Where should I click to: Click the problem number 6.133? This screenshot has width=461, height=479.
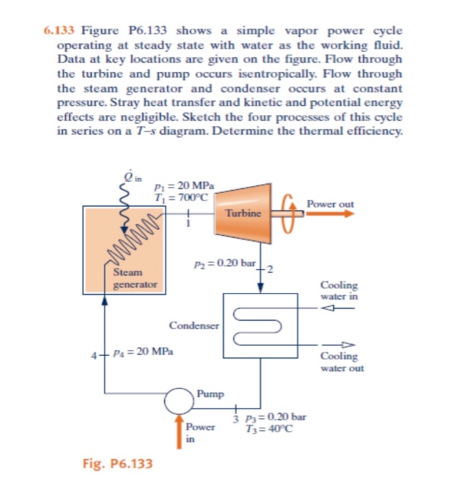60,31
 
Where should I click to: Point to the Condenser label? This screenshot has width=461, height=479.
194,326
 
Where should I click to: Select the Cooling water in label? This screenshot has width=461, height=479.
339,291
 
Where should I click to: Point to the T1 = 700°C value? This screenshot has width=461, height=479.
176,197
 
